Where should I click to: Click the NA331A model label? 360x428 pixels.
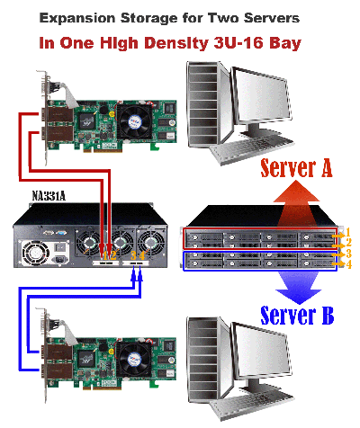pos(49,196)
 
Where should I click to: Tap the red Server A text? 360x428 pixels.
pos(296,168)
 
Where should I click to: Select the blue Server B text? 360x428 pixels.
pos(297,316)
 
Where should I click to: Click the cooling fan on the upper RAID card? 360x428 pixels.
pos(135,121)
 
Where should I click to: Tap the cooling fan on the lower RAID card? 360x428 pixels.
pos(134,360)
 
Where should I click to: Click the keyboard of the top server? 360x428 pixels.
pos(253,151)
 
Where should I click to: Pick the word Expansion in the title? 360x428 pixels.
pos(77,19)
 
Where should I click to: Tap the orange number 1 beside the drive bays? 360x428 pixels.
pos(348,232)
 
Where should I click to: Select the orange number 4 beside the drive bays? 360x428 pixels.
pos(348,264)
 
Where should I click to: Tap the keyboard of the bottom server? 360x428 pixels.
pos(253,406)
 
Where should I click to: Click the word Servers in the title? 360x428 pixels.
pos(272,19)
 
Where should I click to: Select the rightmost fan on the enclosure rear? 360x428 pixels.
pos(151,243)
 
